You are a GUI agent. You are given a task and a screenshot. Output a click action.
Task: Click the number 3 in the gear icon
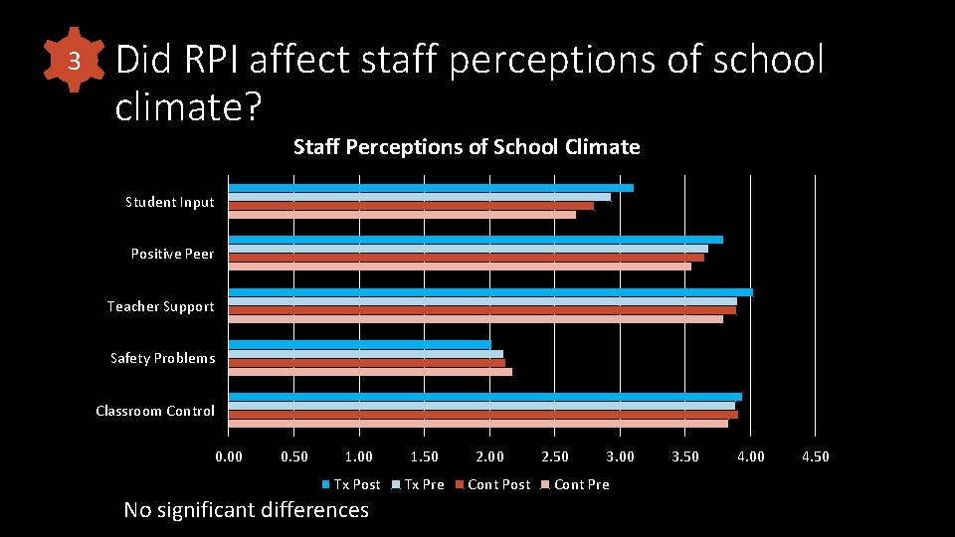point(74,62)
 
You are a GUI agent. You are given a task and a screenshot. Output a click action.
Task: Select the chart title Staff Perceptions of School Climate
point(467,147)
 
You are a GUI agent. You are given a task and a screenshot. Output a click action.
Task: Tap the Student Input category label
point(169,202)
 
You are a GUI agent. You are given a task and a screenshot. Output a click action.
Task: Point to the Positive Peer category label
point(172,254)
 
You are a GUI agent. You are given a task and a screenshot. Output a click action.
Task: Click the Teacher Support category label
point(160,306)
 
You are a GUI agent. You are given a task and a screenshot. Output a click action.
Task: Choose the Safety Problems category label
point(162,358)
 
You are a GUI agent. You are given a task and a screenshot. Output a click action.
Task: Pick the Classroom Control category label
point(154,411)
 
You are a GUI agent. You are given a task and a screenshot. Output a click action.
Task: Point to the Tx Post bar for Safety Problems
point(359,344)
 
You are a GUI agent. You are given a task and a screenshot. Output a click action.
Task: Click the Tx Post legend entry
point(351,484)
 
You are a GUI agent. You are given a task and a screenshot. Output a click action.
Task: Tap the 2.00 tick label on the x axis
point(489,456)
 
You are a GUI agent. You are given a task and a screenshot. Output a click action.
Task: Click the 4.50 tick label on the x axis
point(815,456)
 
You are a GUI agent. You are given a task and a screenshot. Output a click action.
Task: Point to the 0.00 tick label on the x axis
point(229,456)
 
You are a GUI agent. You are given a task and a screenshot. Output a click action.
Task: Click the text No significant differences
point(246,510)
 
